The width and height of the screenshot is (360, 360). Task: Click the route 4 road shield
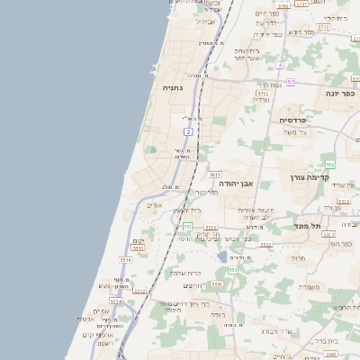[x=280, y=66]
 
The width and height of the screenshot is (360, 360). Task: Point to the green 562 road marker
[x=329, y=165]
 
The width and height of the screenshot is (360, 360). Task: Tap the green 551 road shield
[x=232, y=270]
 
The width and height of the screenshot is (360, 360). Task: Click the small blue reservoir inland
[x=221, y=257]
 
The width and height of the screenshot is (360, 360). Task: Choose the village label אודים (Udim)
[x=154, y=205]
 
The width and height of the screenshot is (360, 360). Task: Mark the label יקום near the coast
[x=139, y=242]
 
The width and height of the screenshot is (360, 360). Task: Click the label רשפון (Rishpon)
[x=105, y=343]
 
